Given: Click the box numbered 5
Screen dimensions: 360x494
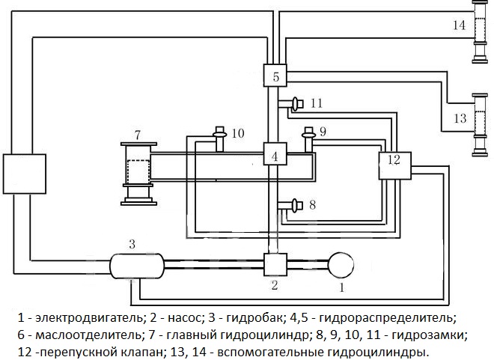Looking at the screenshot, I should (x=275, y=76).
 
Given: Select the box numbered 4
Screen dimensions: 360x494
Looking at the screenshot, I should (x=275, y=156).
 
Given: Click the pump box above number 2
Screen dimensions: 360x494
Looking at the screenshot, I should (x=275, y=264).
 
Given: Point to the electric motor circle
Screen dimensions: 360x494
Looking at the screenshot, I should (x=341, y=264).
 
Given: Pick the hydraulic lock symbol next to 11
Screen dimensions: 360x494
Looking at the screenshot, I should (x=293, y=103).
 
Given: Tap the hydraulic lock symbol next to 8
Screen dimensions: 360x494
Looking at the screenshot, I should (x=293, y=204).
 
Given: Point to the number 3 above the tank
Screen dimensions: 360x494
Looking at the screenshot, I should (x=132, y=244).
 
